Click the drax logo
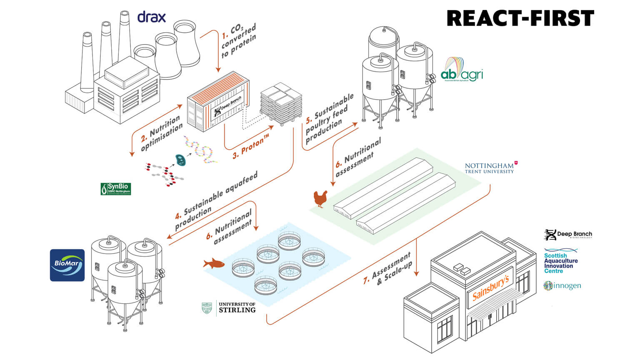point(152,17)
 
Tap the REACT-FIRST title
point(520,19)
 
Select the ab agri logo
point(462,70)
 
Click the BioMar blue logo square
point(67,265)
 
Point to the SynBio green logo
point(116,189)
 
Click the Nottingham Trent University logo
point(491,167)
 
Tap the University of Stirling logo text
point(229,307)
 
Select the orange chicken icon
point(320,198)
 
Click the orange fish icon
point(214,263)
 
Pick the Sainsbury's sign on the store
point(491,288)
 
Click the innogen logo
point(562,286)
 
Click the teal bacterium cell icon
point(180,160)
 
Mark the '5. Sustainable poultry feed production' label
point(330,118)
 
